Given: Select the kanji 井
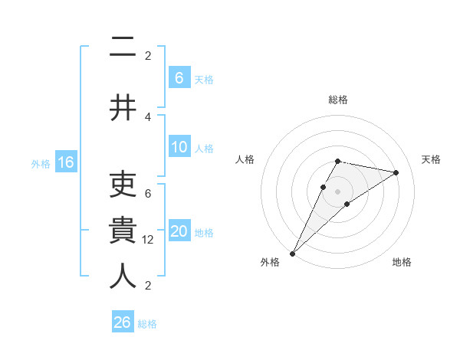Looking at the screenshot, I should click(123, 107).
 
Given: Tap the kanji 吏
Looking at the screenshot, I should click(123, 185).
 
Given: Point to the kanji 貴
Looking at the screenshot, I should click(123, 231).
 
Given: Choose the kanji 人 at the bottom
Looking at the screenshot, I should click(123, 277).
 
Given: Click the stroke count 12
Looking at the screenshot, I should click(148, 239).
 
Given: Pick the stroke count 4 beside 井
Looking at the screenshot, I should click(148, 116).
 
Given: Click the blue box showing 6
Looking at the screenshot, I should click(179, 77).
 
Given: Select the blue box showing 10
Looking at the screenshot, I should click(179, 147).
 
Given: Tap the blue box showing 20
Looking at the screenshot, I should click(179, 231).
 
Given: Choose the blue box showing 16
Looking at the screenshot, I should click(65, 162).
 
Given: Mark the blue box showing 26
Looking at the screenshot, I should click(122, 322).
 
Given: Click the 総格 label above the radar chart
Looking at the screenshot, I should click(338, 100).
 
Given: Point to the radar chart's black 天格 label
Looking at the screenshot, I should click(432, 159).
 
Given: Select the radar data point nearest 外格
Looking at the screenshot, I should click(292, 253).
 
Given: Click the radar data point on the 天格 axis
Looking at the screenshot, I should click(396, 172).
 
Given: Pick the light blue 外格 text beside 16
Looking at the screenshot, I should click(40, 163).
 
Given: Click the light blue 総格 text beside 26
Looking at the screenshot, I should click(147, 324).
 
